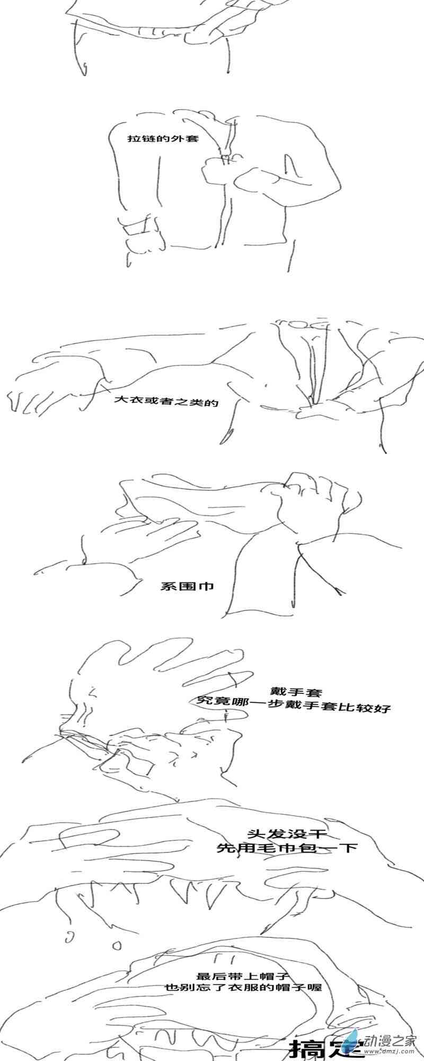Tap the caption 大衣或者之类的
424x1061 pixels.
coord(166,401)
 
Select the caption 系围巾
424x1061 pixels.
coord(187,586)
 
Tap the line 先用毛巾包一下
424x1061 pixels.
coord(287,848)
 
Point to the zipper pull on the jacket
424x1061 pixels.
coord(225,157)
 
